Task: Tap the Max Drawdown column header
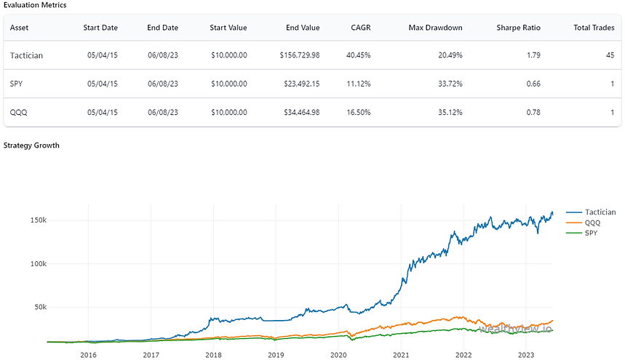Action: pos(435,28)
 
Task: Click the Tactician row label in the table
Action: pos(27,55)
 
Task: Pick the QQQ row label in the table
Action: pos(20,112)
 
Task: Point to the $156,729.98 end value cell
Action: pos(299,55)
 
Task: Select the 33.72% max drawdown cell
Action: pos(447,84)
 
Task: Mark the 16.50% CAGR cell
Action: pos(359,112)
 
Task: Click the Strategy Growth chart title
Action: pos(31,145)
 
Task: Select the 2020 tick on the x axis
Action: pos(338,354)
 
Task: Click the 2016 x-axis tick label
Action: pos(88,354)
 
